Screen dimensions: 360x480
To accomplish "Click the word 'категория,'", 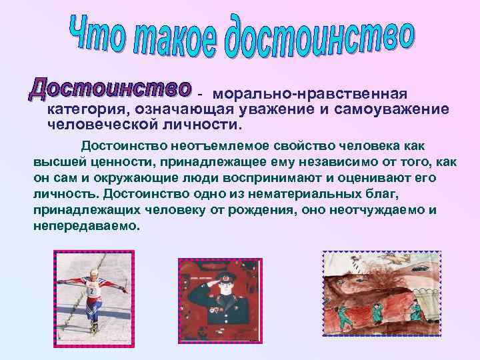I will click(89, 109).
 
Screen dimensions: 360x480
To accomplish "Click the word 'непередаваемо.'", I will click(87, 226).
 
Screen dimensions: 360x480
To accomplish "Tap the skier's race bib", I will click(91, 291).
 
